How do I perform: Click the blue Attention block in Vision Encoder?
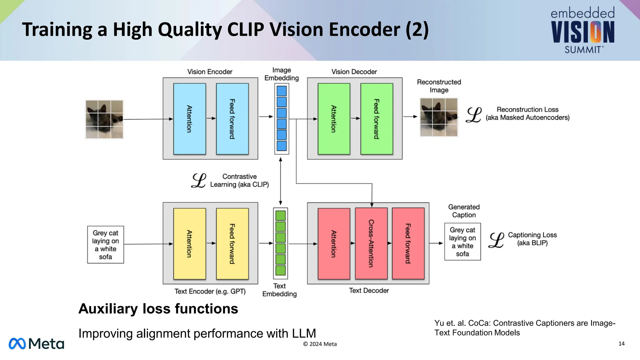[189, 119]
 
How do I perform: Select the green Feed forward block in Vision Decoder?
[377, 119]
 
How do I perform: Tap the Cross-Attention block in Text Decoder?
[371, 243]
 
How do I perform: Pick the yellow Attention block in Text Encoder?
[189, 244]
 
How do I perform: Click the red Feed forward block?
[408, 243]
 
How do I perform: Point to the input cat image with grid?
[104, 119]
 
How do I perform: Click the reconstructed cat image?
[439, 117]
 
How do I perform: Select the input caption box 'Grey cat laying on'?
[106, 245]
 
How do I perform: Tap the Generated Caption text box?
[462, 242]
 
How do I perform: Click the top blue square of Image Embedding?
[282, 91]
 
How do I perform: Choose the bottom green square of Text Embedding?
[281, 270]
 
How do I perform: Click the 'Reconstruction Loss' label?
[527, 110]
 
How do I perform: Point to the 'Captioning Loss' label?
[532, 235]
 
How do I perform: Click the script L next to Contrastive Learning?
[199, 181]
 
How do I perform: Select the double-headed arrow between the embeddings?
[281, 181]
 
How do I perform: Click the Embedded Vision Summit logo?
[583, 30]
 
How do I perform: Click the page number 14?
[621, 344]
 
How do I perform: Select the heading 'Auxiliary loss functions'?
[158, 309]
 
